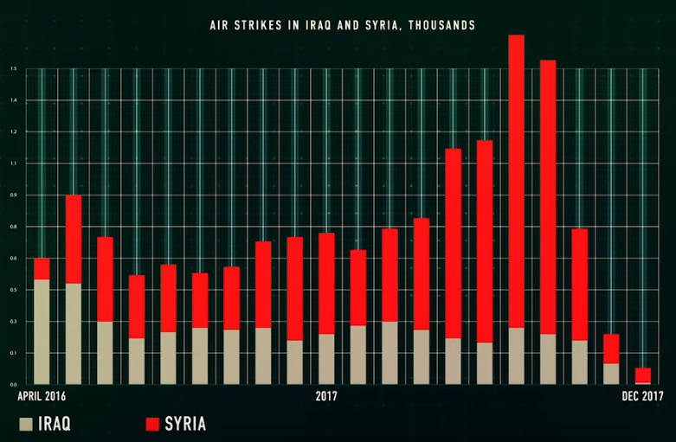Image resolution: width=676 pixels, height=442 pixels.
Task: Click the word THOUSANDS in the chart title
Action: click(x=440, y=26)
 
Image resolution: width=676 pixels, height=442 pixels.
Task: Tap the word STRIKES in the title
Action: click(x=261, y=26)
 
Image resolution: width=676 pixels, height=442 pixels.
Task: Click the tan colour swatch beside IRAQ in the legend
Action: click(x=26, y=424)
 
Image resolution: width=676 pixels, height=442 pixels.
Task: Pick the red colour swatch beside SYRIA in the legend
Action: click(x=152, y=424)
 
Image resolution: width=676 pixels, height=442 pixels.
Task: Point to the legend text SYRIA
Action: click(x=187, y=424)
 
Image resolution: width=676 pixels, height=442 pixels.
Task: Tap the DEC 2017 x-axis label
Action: click(x=641, y=396)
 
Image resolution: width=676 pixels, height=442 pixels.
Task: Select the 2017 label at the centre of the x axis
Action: click(x=326, y=396)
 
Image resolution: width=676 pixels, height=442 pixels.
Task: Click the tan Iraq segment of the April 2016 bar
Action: click(x=42, y=331)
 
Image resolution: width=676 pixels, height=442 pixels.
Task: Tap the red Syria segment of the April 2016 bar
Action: click(x=42, y=268)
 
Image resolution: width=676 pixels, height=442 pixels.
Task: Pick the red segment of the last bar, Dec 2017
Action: click(x=642, y=375)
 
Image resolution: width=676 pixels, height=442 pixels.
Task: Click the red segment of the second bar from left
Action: click(x=74, y=239)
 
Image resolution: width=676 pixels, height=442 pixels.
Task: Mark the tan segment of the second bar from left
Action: click(x=74, y=333)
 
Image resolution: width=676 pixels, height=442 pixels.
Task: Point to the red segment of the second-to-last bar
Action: click(x=611, y=349)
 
